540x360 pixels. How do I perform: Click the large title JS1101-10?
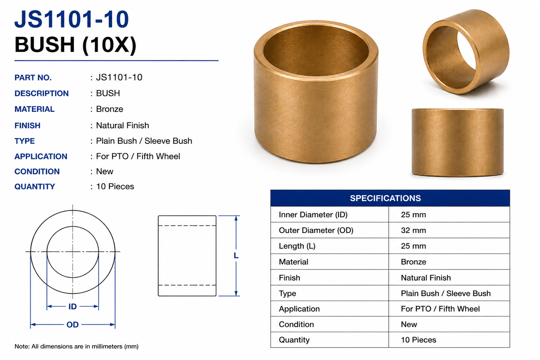click(x=72, y=19)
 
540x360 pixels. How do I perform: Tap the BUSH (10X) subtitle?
click(x=75, y=45)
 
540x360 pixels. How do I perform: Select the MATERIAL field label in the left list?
click(x=34, y=109)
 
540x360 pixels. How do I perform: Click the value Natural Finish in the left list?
click(x=122, y=125)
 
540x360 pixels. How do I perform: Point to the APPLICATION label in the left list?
click(x=41, y=156)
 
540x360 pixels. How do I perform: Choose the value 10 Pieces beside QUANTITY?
click(x=115, y=186)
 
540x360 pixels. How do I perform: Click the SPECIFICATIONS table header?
click(x=385, y=198)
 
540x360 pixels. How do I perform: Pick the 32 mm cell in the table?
click(x=413, y=230)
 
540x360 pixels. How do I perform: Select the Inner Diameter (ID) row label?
click(x=313, y=214)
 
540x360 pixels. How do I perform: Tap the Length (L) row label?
click(x=297, y=246)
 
